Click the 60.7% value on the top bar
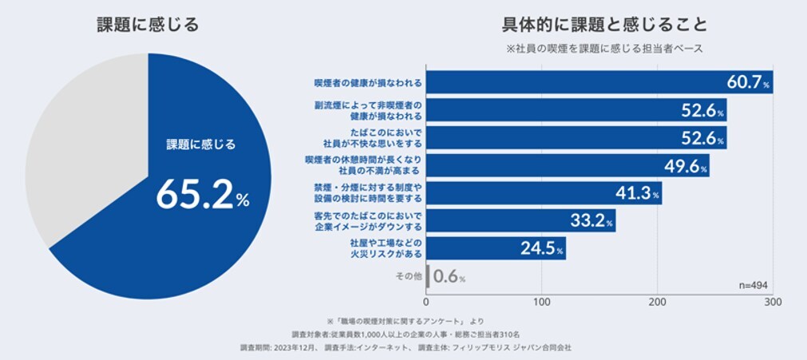pos(747,82)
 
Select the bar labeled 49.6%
pos(567,165)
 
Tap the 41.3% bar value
pos(636,193)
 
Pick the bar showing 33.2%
pos(519,220)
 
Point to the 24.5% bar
pos(495,248)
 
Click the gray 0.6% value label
pos(449,276)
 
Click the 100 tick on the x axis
pos(542,303)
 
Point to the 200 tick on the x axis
pos(658,303)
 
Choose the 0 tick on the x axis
pos(427,303)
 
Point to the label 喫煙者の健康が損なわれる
pos(368,82)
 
